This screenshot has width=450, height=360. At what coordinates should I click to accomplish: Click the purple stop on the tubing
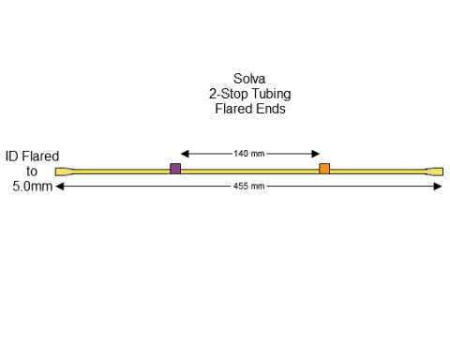tap(175, 169)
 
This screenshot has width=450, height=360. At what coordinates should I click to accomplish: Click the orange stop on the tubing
tap(324, 169)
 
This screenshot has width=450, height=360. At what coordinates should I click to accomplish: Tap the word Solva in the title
tap(248, 79)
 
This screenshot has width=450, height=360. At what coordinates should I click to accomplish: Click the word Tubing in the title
tap(269, 94)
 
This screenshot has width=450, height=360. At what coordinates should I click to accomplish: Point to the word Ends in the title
tap(270, 109)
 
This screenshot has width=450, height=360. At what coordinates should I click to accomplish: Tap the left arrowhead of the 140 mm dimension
tap(184, 154)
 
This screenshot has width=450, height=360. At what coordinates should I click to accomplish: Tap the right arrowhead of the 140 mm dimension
tap(317, 154)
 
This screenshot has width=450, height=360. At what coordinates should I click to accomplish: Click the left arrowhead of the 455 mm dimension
tap(61, 187)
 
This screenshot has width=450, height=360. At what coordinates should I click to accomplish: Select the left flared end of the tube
tap(63, 171)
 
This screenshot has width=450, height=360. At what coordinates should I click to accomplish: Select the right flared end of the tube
tap(435, 171)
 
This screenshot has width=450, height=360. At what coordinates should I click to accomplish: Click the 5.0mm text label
tap(32, 187)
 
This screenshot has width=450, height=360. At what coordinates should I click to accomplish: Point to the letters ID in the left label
tap(12, 157)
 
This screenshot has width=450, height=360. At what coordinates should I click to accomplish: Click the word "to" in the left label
tap(32, 172)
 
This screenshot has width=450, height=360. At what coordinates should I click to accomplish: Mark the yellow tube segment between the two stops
tap(249, 171)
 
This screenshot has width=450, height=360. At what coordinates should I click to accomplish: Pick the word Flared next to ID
tap(40, 157)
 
